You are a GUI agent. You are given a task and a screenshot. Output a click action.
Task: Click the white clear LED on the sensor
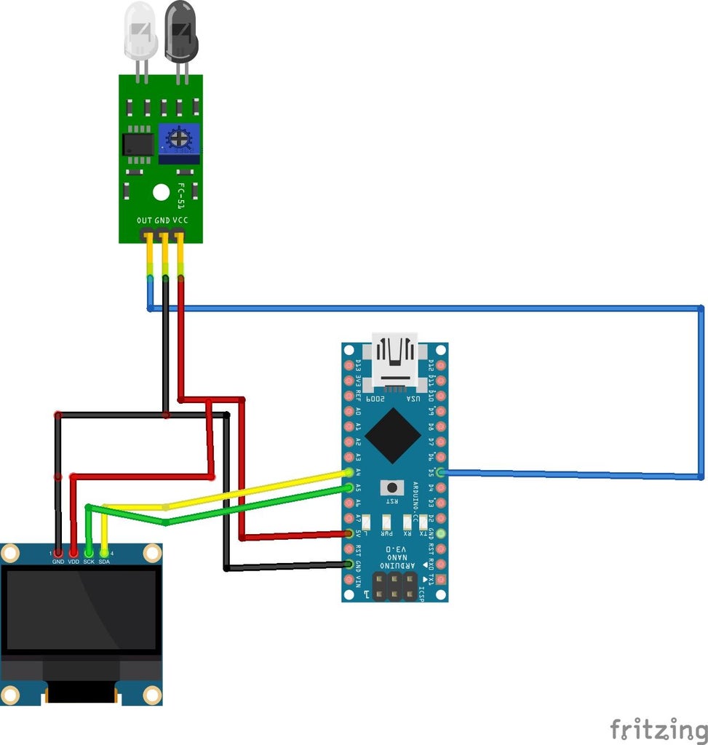point(140,31)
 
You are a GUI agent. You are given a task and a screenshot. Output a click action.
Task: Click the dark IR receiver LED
point(180,31)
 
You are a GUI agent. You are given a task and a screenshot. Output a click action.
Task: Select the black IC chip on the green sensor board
point(138,143)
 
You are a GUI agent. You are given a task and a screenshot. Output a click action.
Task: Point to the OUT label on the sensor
point(144,220)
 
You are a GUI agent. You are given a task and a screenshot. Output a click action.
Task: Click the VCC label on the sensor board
point(180,220)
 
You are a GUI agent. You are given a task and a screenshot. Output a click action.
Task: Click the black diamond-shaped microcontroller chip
point(393,436)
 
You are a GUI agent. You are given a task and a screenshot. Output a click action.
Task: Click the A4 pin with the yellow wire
point(349,473)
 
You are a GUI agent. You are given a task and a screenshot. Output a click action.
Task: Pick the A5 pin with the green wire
point(349,488)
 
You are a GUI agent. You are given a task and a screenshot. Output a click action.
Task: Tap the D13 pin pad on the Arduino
point(349,364)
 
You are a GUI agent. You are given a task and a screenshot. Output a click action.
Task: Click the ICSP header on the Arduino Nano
point(394,585)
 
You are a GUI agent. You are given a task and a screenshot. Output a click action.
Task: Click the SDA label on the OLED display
point(104,562)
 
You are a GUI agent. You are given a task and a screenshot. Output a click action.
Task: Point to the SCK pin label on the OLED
point(89,562)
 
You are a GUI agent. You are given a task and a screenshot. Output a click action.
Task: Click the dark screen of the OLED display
point(81,610)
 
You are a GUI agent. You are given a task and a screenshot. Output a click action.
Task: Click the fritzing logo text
point(658,728)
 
